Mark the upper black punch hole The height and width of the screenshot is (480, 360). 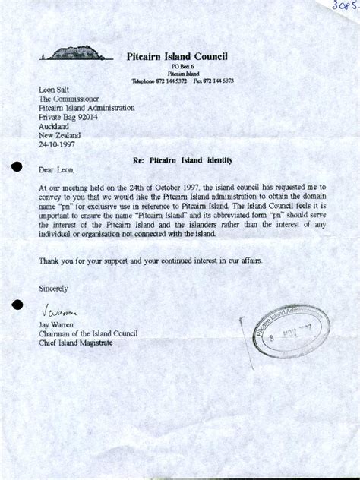click(x=17, y=169)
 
